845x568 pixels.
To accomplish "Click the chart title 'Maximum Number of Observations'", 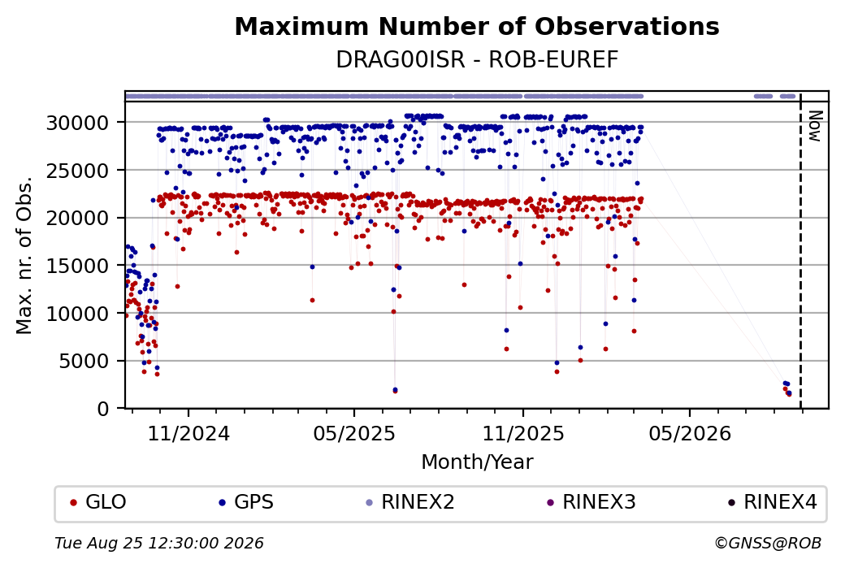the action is click(477, 26).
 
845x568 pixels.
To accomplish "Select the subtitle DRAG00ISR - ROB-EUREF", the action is click(477, 60).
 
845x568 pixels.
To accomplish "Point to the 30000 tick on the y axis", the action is click(78, 123).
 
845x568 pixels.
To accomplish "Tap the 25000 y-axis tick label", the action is click(78, 171).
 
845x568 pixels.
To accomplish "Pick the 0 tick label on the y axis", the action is click(103, 409).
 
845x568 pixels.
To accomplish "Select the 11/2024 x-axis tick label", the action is click(188, 434).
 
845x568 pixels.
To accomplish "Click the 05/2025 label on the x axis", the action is click(354, 434).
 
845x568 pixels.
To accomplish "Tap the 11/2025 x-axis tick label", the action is click(523, 434).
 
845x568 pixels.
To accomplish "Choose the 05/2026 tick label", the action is click(690, 434).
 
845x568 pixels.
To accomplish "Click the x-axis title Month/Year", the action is click(477, 462).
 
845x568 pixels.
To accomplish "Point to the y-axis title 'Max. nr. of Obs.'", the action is click(24, 255).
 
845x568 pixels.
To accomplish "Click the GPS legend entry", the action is click(246, 502).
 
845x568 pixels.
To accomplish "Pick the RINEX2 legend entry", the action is click(410, 502).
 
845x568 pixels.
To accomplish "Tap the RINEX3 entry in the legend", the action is click(591, 502).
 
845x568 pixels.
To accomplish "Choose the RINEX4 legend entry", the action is click(773, 502).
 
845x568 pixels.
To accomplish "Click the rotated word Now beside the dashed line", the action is click(816, 127).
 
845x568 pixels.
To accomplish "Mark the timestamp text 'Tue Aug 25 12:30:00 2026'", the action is click(159, 543).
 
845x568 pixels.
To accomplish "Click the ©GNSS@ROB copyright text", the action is click(768, 543).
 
